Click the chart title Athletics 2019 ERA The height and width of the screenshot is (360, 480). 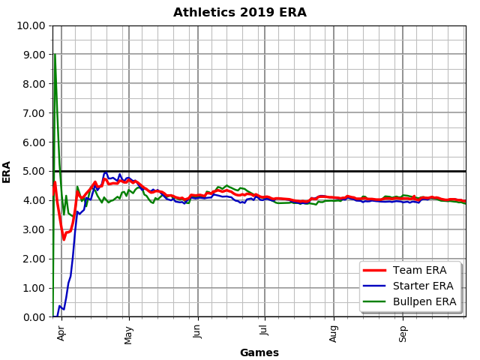240,13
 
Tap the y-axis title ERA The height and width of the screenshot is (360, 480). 7,171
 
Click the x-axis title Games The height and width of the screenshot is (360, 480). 259,352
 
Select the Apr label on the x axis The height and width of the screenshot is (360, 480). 61,331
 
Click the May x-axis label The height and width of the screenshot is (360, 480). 129,331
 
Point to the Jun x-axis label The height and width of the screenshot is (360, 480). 198,331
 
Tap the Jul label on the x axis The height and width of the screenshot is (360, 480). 264,330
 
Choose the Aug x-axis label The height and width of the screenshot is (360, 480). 334,331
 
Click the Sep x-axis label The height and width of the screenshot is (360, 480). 403,331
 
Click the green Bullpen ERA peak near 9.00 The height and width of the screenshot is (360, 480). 55,55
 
